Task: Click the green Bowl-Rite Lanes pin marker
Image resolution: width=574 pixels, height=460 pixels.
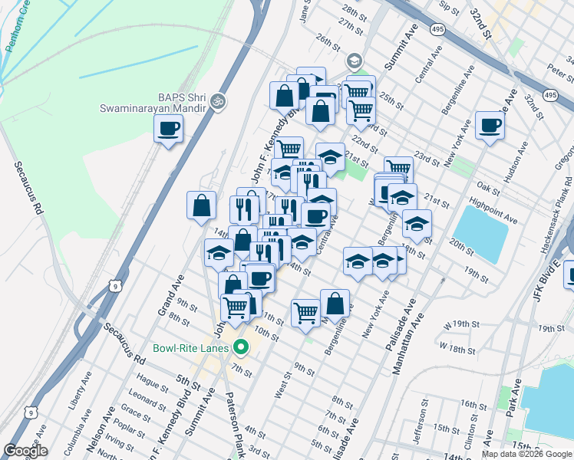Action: pos(240,347)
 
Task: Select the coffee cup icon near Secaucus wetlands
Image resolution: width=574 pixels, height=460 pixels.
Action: pos(169,128)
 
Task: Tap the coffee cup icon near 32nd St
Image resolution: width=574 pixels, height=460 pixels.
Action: pos(490,125)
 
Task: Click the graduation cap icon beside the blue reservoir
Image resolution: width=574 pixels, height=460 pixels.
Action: pos(417,223)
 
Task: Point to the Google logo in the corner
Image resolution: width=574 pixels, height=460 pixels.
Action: pos(25,451)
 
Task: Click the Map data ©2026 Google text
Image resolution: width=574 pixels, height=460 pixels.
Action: pos(526,454)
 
